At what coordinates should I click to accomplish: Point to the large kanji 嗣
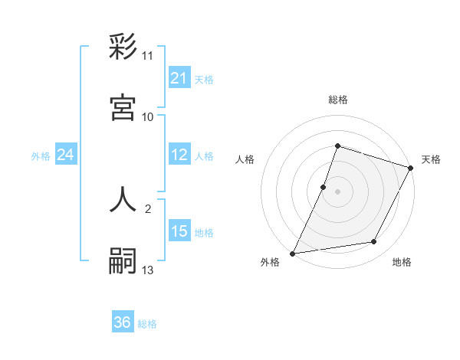(x=123, y=261)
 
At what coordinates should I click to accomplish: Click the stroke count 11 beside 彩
(x=147, y=56)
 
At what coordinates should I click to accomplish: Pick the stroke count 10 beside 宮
(x=147, y=116)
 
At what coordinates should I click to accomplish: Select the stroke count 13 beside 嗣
(x=147, y=270)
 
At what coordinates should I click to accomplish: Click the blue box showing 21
(x=179, y=78)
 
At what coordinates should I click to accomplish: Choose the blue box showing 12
(x=179, y=155)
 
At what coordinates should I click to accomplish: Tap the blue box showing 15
(x=179, y=231)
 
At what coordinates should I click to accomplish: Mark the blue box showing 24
(x=65, y=155)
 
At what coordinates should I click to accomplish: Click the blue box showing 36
(x=122, y=322)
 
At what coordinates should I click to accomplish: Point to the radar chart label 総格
(x=337, y=100)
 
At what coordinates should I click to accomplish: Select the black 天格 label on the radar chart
(x=431, y=159)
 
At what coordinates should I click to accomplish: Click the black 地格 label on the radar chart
(x=402, y=263)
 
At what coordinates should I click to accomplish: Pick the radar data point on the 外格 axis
(x=292, y=253)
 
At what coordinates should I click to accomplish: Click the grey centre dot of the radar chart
(x=337, y=191)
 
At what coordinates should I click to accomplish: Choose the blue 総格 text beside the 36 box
(x=147, y=324)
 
